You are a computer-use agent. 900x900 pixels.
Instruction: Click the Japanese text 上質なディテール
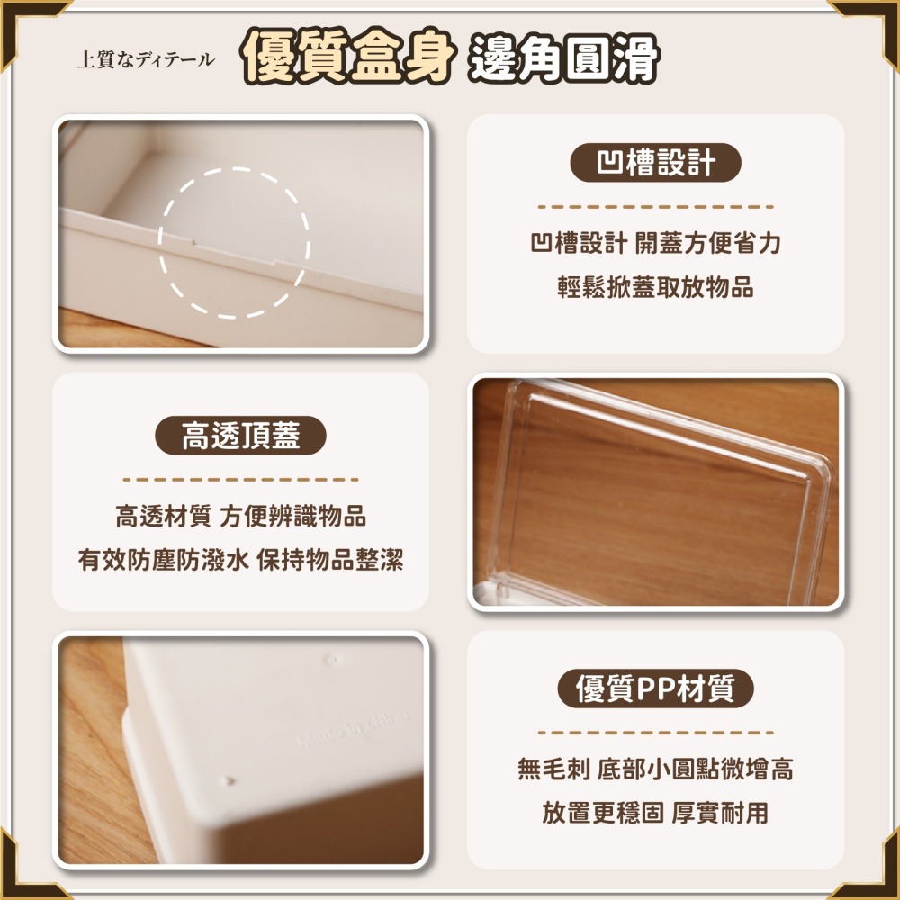(146, 60)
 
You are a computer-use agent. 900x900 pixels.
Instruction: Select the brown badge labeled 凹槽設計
(656, 163)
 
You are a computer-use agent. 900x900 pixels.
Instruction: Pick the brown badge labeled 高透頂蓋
(240, 436)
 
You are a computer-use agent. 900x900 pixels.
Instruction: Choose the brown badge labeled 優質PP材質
(655, 689)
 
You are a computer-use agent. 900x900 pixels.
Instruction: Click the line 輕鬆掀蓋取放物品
(655, 288)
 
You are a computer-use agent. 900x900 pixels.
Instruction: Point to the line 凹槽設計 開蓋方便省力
(655, 243)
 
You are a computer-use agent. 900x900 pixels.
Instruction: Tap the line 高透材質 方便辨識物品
(240, 517)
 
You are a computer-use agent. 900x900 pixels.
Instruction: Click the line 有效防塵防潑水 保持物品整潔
(240, 561)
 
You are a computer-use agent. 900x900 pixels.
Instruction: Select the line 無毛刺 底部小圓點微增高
(655, 769)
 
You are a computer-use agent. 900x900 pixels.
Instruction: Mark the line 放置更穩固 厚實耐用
(655, 814)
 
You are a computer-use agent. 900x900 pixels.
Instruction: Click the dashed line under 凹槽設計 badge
(655, 207)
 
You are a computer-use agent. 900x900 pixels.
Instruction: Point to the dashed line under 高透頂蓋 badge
(240, 480)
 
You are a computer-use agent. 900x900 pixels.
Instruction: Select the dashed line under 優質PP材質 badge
(655, 733)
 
